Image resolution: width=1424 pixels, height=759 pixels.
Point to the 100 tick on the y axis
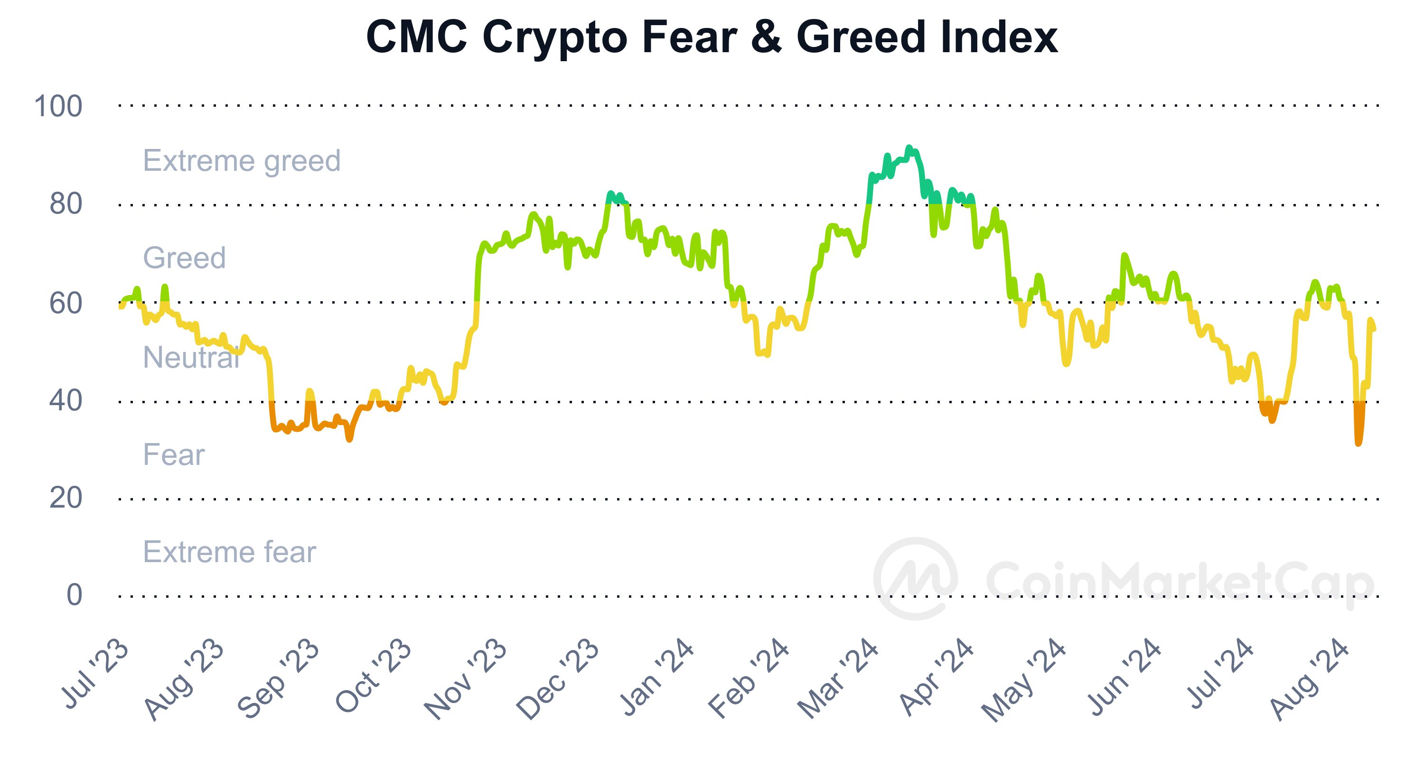[58, 106]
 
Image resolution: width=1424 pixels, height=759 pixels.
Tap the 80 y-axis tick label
[66, 204]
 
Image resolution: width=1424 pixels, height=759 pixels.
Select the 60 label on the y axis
[66, 303]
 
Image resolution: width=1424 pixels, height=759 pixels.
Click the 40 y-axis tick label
[66, 401]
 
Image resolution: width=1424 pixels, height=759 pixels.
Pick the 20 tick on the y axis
[66, 498]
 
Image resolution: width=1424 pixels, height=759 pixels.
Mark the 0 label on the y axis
[74, 595]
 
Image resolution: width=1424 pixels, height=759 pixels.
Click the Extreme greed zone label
[242, 161]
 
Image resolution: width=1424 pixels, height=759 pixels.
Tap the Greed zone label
[185, 258]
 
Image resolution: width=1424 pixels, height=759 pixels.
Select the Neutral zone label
[191, 357]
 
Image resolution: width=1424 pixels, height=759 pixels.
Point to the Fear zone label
[174, 455]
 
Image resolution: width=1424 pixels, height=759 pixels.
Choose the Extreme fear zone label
[229, 552]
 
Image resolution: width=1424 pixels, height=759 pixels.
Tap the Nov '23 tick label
[466, 681]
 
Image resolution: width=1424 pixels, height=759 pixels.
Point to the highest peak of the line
[908, 148]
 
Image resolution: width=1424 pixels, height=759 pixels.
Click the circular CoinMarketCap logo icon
[915, 578]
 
